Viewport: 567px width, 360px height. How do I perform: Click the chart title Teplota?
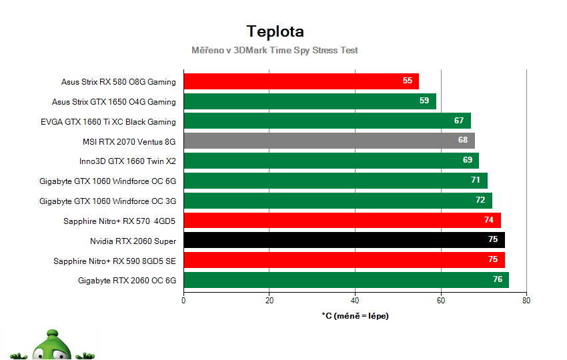pyautogui.click(x=275, y=31)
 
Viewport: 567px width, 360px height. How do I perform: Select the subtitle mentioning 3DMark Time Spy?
pyautogui.click(x=275, y=50)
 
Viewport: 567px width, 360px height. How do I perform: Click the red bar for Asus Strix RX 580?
pyautogui.click(x=300, y=81)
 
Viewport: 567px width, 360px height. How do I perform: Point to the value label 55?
pyautogui.click(x=408, y=81)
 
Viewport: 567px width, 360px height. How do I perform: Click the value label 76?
pyautogui.click(x=498, y=280)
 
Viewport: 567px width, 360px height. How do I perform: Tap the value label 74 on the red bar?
pyautogui.click(x=490, y=221)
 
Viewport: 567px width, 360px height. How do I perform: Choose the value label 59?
pyautogui.click(x=425, y=101)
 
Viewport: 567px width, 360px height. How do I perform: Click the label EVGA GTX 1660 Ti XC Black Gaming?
pyautogui.click(x=108, y=122)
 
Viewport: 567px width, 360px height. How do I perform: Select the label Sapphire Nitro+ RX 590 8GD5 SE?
pyautogui.click(x=115, y=261)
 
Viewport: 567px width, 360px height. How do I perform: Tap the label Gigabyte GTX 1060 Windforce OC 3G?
pyautogui.click(x=107, y=201)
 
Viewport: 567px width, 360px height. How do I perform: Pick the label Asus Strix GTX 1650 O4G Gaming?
pyautogui.click(x=114, y=102)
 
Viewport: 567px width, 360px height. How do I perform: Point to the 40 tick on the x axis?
pyautogui.click(x=355, y=300)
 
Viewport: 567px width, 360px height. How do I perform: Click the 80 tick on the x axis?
pyautogui.click(x=526, y=300)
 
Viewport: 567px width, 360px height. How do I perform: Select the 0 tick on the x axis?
pyautogui.click(x=183, y=300)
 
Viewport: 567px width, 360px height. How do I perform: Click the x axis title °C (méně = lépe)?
pyautogui.click(x=355, y=316)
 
